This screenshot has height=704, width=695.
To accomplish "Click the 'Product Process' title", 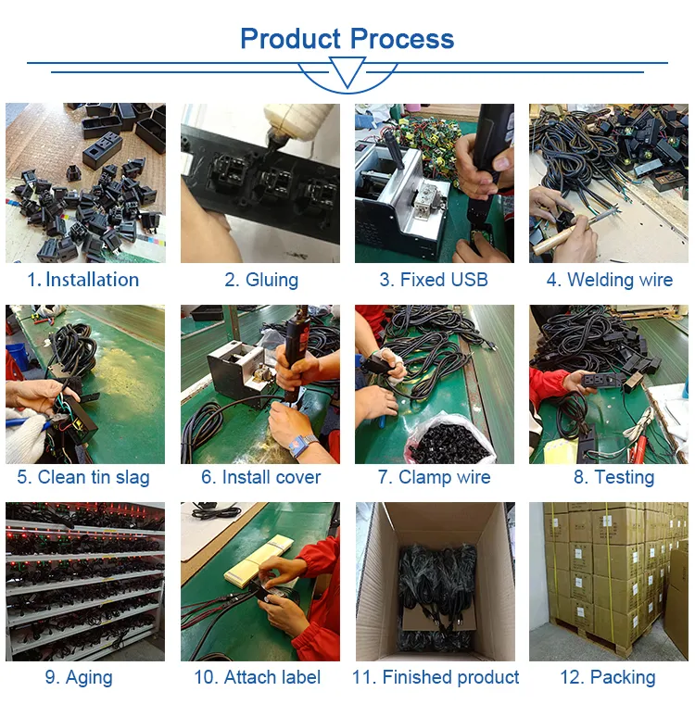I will (x=347, y=39).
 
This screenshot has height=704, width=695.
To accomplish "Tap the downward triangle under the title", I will (x=347, y=72).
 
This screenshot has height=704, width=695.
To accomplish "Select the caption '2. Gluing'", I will (x=260, y=280).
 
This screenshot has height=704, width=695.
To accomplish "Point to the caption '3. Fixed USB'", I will (x=434, y=280).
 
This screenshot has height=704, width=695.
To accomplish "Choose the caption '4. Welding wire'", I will (x=609, y=280).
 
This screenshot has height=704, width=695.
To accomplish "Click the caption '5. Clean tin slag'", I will (x=83, y=478).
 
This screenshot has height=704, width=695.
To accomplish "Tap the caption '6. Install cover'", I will (x=260, y=478).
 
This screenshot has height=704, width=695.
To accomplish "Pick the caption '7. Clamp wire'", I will (x=434, y=478).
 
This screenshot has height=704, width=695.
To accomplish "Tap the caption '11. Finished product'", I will (x=436, y=677).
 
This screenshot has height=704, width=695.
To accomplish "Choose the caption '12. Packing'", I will (x=608, y=677).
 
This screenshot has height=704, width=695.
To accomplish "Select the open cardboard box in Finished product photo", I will (x=434, y=584).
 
